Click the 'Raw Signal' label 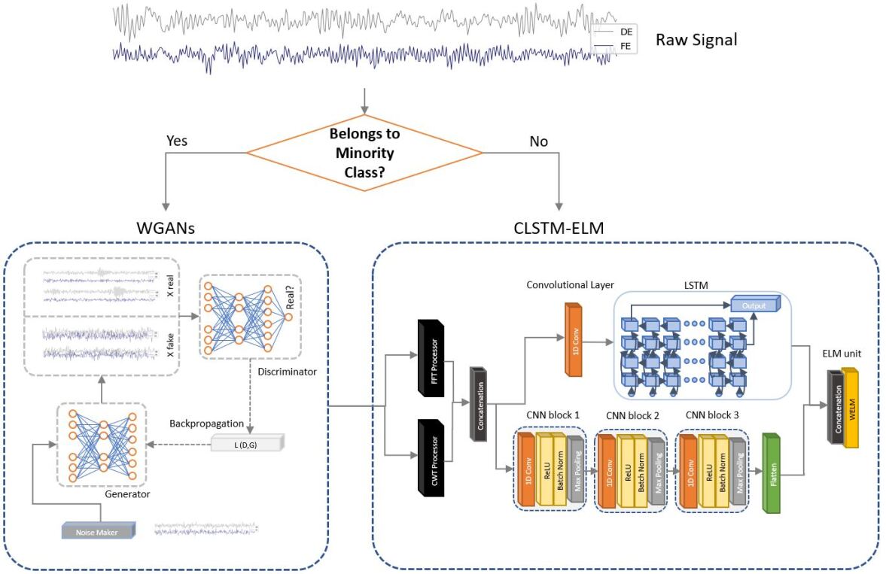tap(696, 40)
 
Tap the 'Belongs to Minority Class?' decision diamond tap(364, 153)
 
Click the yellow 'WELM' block tap(851, 409)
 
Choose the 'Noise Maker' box tap(98, 530)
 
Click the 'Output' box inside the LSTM tap(754, 305)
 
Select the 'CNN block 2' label tap(632, 415)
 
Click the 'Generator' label tap(127, 495)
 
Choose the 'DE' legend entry tap(626, 32)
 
